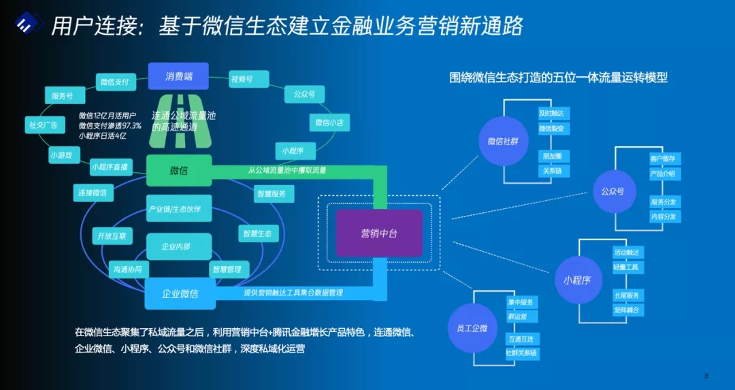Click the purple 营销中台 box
coord(379,233)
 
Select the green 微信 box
coord(179,170)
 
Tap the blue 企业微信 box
coord(180,294)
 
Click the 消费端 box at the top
coord(178,76)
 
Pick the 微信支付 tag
coord(114,82)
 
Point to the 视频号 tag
coord(242,79)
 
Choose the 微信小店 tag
coord(329,123)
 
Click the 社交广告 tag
coord(42,125)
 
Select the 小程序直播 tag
coord(109,167)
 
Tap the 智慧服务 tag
coord(274,194)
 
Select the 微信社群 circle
coord(503,142)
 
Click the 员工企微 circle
coord(472,328)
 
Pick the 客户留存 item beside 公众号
coord(664,159)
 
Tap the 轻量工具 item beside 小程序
coord(628,267)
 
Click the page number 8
coord(706,375)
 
